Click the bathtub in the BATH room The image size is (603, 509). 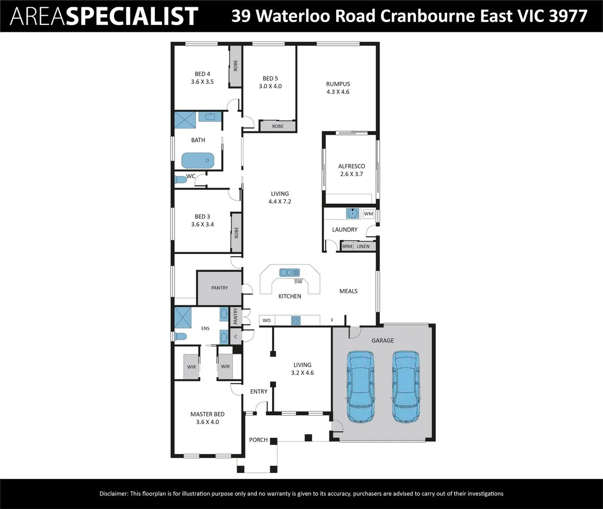click(x=198, y=161)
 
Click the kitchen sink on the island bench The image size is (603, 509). click(x=289, y=272)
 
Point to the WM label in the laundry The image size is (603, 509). click(x=368, y=213)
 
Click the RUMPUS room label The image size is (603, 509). click(x=338, y=84)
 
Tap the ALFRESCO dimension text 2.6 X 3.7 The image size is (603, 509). click(x=351, y=174)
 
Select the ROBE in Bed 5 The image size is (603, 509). click(x=277, y=126)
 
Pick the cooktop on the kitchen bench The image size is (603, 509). click(x=296, y=320)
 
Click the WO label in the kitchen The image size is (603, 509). click(x=267, y=320)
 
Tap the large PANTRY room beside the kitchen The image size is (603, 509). click(x=220, y=287)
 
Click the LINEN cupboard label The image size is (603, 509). click(x=363, y=246)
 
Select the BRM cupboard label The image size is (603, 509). click(x=347, y=246)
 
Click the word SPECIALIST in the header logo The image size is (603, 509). click(x=131, y=16)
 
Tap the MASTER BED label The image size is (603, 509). click(x=207, y=414)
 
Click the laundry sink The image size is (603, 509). click(x=352, y=213)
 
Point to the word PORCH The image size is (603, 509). click(x=258, y=440)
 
